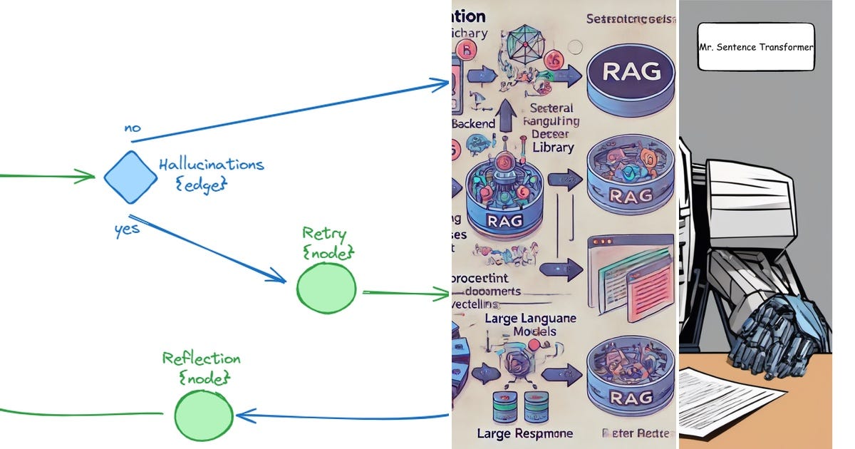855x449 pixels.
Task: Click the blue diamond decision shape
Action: pyautogui.click(x=130, y=177)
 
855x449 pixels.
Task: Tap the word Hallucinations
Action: pyautogui.click(x=211, y=165)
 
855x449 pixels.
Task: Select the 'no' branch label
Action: pyautogui.click(x=133, y=128)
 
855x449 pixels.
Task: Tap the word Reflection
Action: pyautogui.click(x=201, y=358)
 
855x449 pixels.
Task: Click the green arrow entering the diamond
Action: pyautogui.click(x=50, y=175)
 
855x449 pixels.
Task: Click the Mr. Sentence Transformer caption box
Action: pyautogui.click(x=756, y=47)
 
